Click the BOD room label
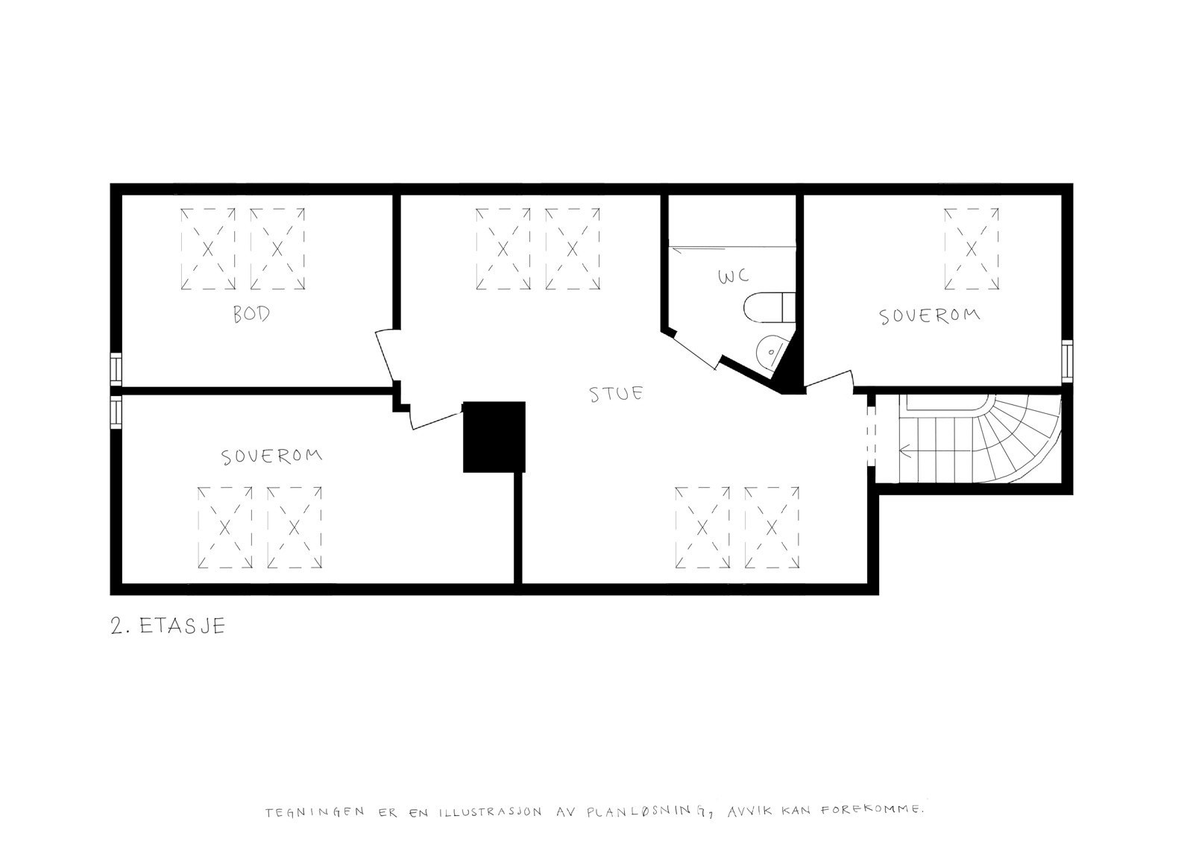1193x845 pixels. click(251, 314)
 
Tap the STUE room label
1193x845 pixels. click(616, 393)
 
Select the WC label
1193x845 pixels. click(733, 277)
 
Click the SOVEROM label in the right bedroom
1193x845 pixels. click(929, 316)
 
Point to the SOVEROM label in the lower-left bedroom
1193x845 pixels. click(272, 456)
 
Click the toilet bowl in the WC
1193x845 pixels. click(769, 307)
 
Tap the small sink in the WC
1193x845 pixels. click(771, 350)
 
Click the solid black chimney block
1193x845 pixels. click(494, 436)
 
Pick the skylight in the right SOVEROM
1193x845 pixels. click(971, 249)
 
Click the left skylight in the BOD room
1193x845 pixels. click(208, 248)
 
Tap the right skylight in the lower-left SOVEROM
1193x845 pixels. click(294, 527)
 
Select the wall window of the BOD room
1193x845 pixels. click(116, 367)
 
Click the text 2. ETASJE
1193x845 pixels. click(167, 625)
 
